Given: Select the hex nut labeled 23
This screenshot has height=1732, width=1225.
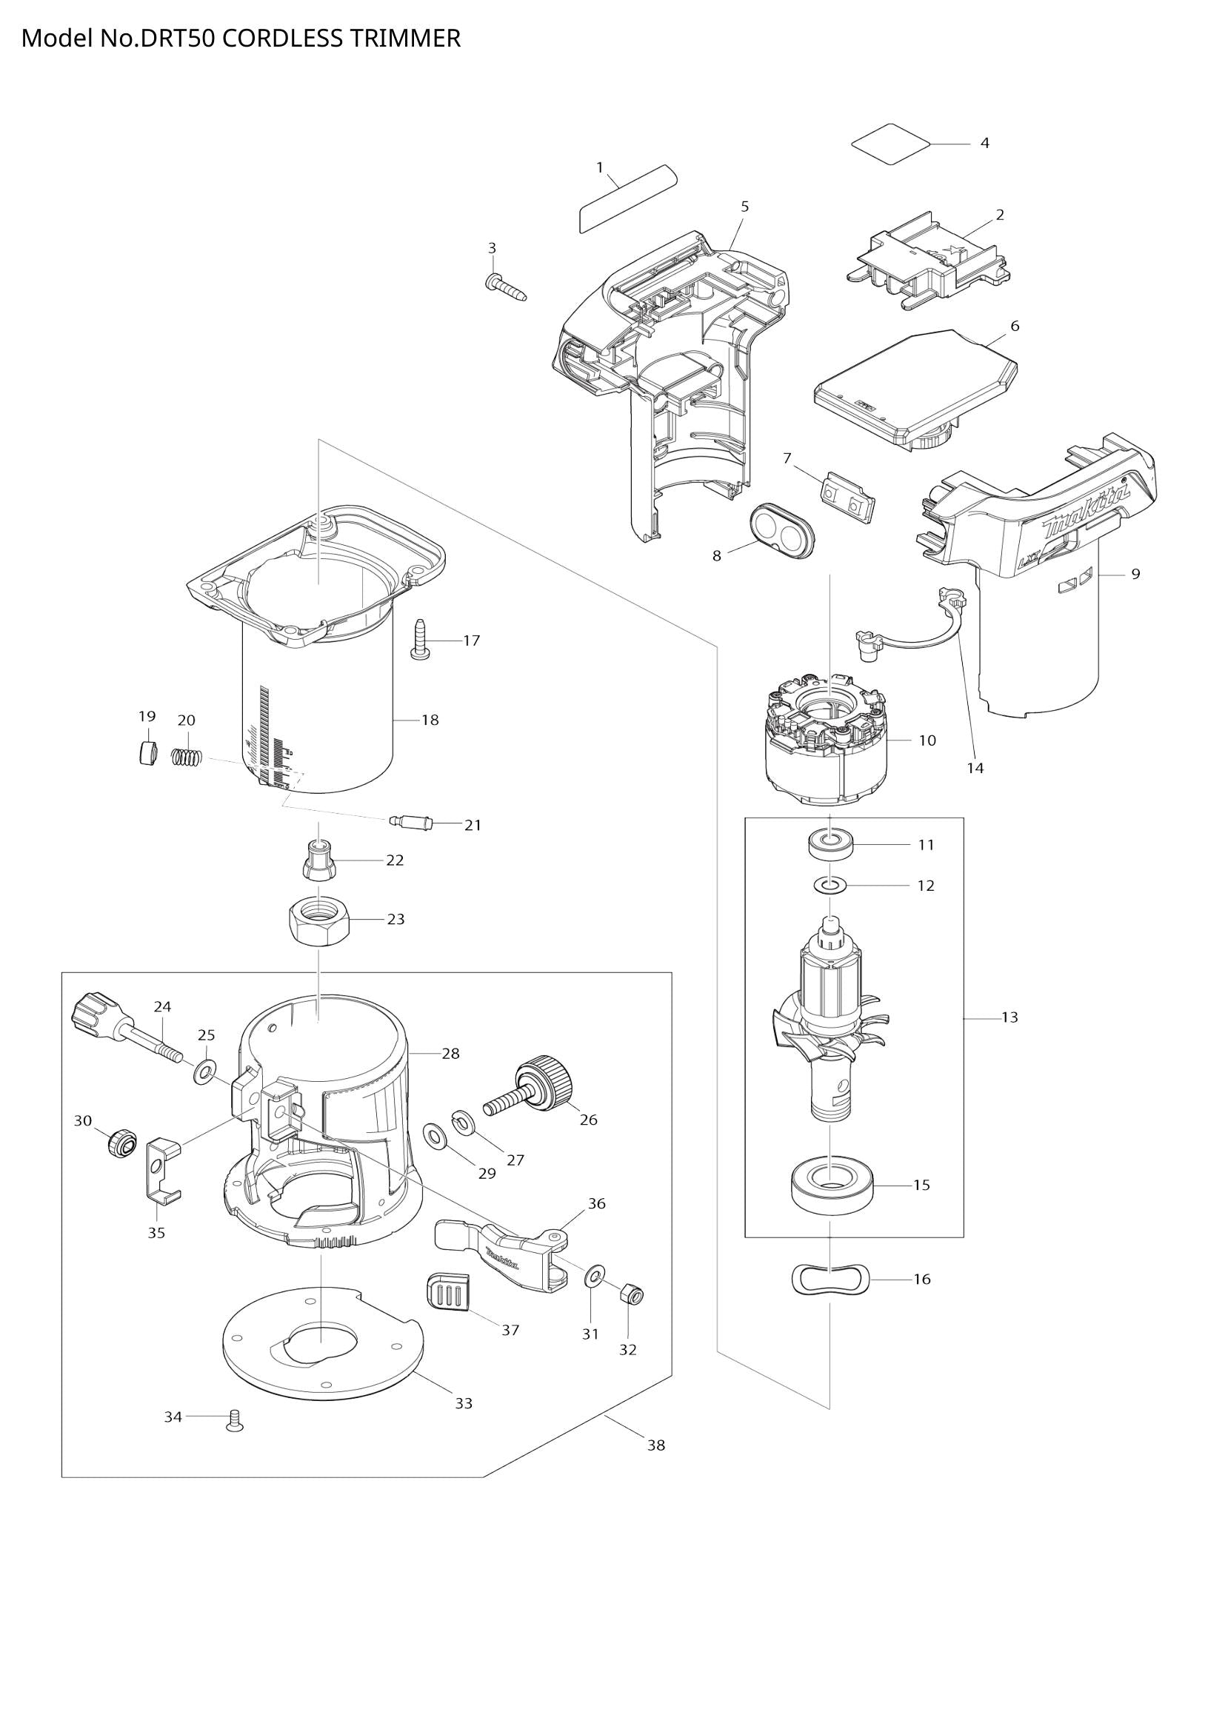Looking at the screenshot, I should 318,924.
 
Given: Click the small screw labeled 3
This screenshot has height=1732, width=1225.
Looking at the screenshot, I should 504,287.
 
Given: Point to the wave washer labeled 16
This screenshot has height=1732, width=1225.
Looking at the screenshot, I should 830,1278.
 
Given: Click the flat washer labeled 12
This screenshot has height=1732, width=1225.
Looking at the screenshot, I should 830,883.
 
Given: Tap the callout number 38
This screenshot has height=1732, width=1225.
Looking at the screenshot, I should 656,1445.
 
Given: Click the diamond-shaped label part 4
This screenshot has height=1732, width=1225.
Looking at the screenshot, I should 890,144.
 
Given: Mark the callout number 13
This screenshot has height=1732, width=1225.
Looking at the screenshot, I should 1009,1017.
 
